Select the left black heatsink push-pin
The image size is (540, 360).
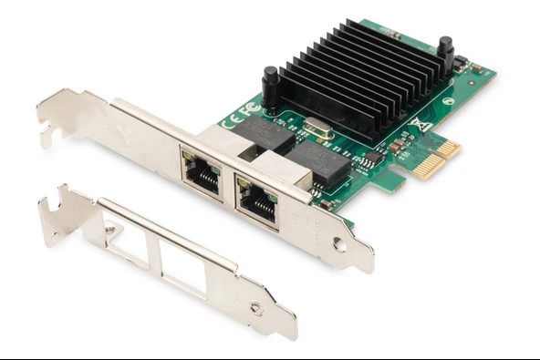tap(270, 86)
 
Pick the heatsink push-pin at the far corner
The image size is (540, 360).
tap(445, 53)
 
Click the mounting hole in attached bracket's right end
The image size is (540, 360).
tap(339, 244)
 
